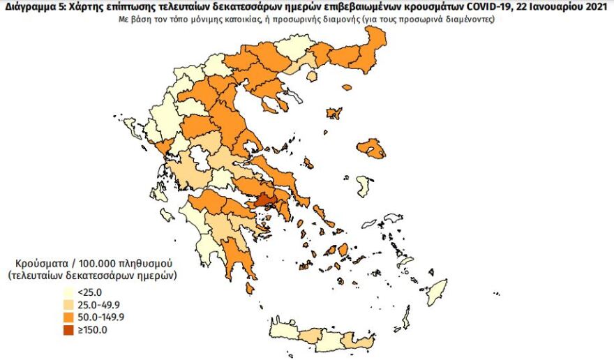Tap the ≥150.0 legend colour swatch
pyautogui.click(x=68, y=330)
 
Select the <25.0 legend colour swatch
pyautogui.click(x=68, y=292)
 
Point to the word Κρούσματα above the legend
pyautogui.click(x=40, y=263)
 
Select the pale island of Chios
pyautogui.click(x=363, y=186)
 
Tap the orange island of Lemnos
pyautogui.click(x=334, y=112)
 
